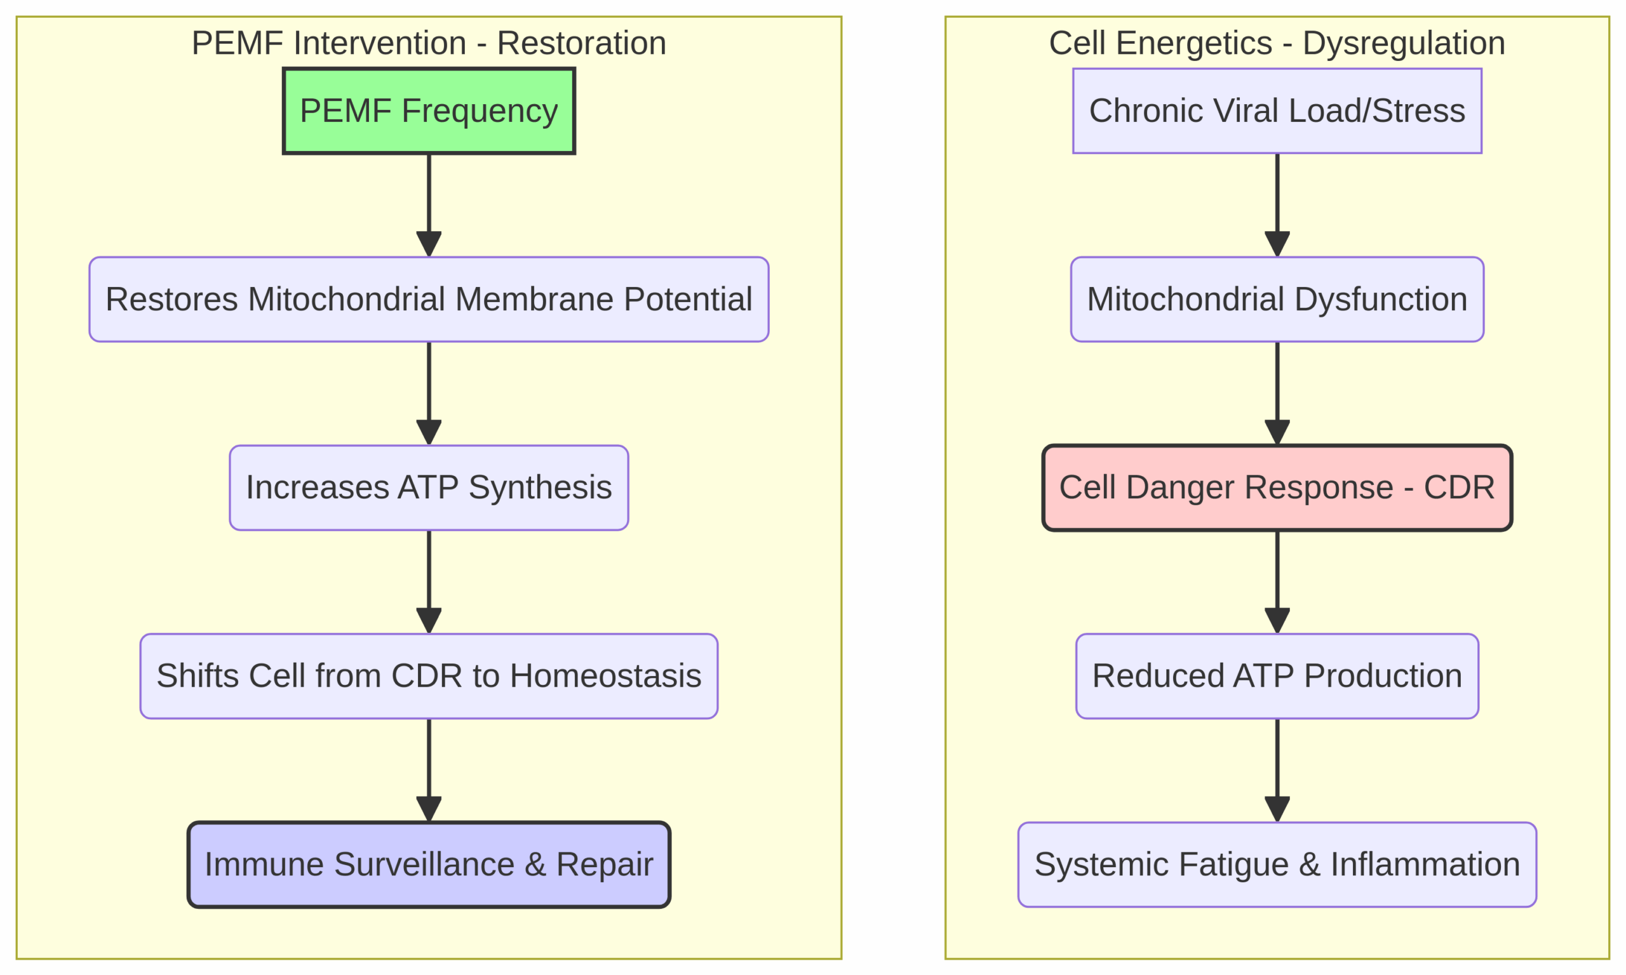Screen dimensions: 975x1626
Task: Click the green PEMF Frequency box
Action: pyautogui.click(x=429, y=110)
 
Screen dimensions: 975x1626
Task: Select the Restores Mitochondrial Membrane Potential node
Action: pyautogui.click(x=429, y=299)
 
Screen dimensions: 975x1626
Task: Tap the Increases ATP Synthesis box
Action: pyautogui.click(x=429, y=487)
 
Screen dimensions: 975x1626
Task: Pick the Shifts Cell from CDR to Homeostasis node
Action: pyautogui.click(x=429, y=676)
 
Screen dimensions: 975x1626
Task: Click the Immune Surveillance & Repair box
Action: pyautogui.click(x=429, y=865)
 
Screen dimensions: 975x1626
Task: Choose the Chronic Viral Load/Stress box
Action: pyautogui.click(x=1277, y=110)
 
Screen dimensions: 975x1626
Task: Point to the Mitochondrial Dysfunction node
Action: pyautogui.click(x=1277, y=299)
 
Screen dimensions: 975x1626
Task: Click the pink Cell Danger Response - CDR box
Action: pyautogui.click(x=1277, y=487)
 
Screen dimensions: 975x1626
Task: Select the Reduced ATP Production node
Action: pyautogui.click(x=1277, y=676)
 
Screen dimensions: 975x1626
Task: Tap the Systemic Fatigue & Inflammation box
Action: pyautogui.click(x=1277, y=865)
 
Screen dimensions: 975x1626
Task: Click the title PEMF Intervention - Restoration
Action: pyautogui.click(x=429, y=43)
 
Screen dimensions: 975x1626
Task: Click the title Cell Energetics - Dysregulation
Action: pyautogui.click(x=1277, y=43)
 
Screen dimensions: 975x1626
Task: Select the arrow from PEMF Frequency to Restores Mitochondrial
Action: pyautogui.click(x=429, y=204)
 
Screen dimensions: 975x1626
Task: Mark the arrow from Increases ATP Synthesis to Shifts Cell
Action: pyautogui.click(x=429, y=581)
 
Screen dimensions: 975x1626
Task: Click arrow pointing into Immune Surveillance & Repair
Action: pyautogui.click(x=429, y=769)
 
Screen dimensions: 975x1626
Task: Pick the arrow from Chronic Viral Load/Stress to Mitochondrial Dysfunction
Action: pyautogui.click(x=1277, y=204)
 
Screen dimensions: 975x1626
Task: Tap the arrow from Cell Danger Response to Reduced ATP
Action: pyautogui.click(x=1277, y=581)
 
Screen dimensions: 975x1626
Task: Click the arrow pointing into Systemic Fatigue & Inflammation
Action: pyautogui.click(x=1277, y=769)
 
